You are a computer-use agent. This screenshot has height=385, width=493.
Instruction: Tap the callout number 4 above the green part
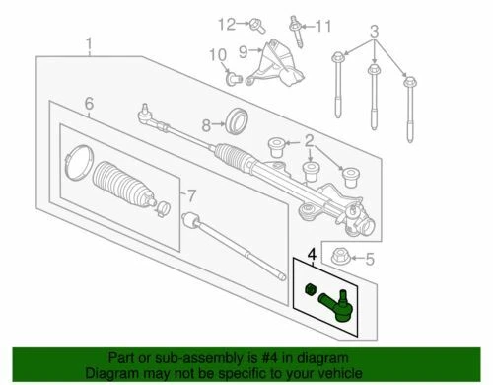312,256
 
